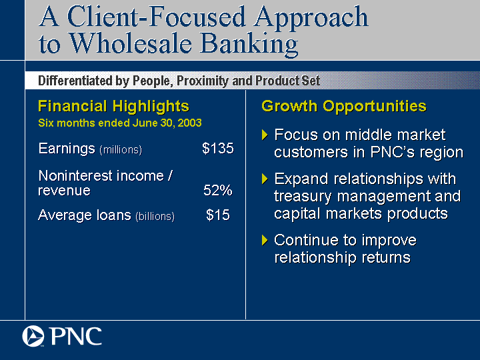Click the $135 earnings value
tap(217, 149)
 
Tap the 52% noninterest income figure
tap(218, 190)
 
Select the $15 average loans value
tap(217, 215)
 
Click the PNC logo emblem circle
tap(33, 336)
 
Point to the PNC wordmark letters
tap(76, 336)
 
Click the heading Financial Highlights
tap(113, 107)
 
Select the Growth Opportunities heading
tap(344, 106)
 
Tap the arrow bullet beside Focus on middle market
tap(265, 135)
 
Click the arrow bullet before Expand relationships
tap(265, 179)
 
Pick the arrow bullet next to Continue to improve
tap(265, 240)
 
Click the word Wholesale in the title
tap(131, 43)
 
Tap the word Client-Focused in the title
tap(157, 17)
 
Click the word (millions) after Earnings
tap(121, 150)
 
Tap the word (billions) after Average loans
tap(155, 217)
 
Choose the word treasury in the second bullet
tap(303, 197)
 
